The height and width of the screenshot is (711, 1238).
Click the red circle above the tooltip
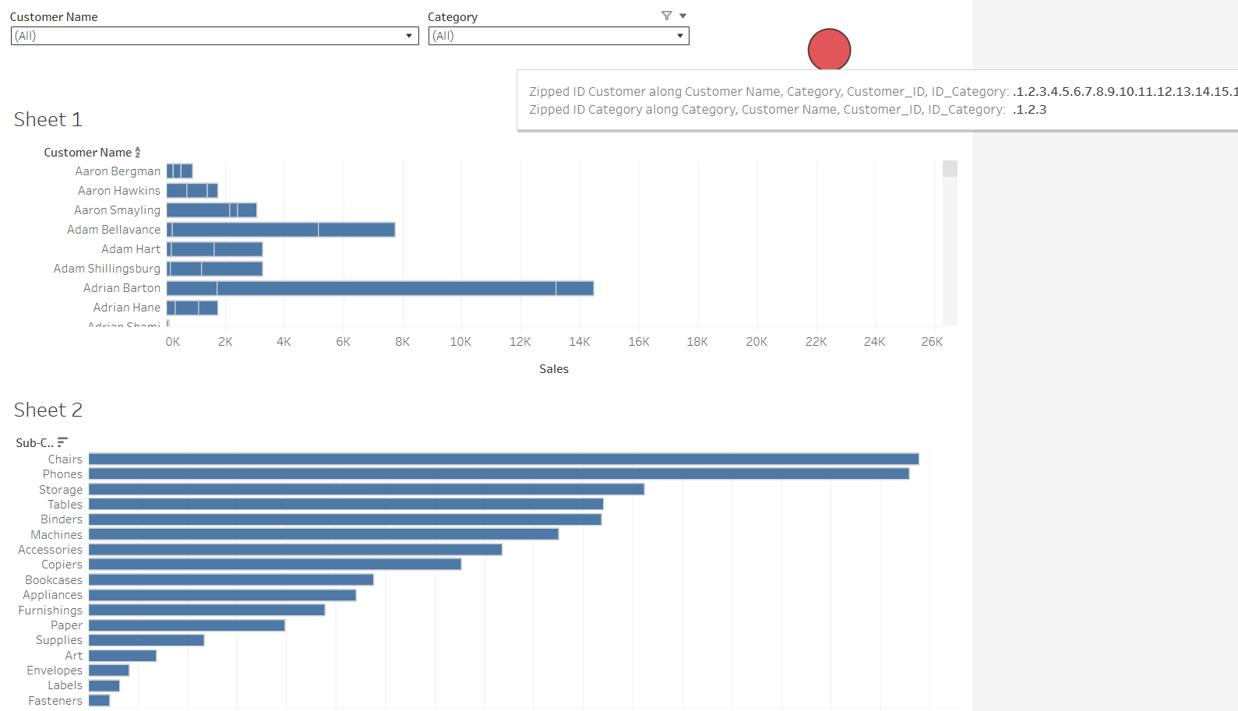coord(829,50)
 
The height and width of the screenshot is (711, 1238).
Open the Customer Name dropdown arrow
coord(409,36)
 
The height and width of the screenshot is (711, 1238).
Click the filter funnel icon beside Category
coord(666,16)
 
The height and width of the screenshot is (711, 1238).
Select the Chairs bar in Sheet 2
coord(503,459)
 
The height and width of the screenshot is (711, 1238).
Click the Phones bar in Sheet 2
coord(499,474)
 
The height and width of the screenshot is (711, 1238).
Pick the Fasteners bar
coord(99,701)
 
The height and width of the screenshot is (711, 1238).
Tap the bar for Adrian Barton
coord(380,288)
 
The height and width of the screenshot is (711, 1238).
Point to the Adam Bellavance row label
coord(114,230)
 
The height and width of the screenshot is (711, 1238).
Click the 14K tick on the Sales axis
coord(579,342)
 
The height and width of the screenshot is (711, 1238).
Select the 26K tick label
coord(932,342)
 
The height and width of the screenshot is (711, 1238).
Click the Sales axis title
coord(554,369)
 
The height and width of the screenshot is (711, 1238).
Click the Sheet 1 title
coord(48,119)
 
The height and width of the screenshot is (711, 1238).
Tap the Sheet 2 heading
coord(48,410)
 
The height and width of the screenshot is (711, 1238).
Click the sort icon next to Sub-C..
coord(63,442)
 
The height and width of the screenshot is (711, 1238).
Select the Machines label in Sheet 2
coord(56,535)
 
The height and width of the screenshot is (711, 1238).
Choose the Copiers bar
coord(274,565)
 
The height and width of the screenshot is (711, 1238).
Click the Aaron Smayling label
coord(117,210)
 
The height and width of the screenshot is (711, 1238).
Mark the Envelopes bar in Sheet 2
coord(109,671)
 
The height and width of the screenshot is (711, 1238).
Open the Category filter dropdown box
coord(558,36)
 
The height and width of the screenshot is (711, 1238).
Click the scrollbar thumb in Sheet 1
coord(950,169)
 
